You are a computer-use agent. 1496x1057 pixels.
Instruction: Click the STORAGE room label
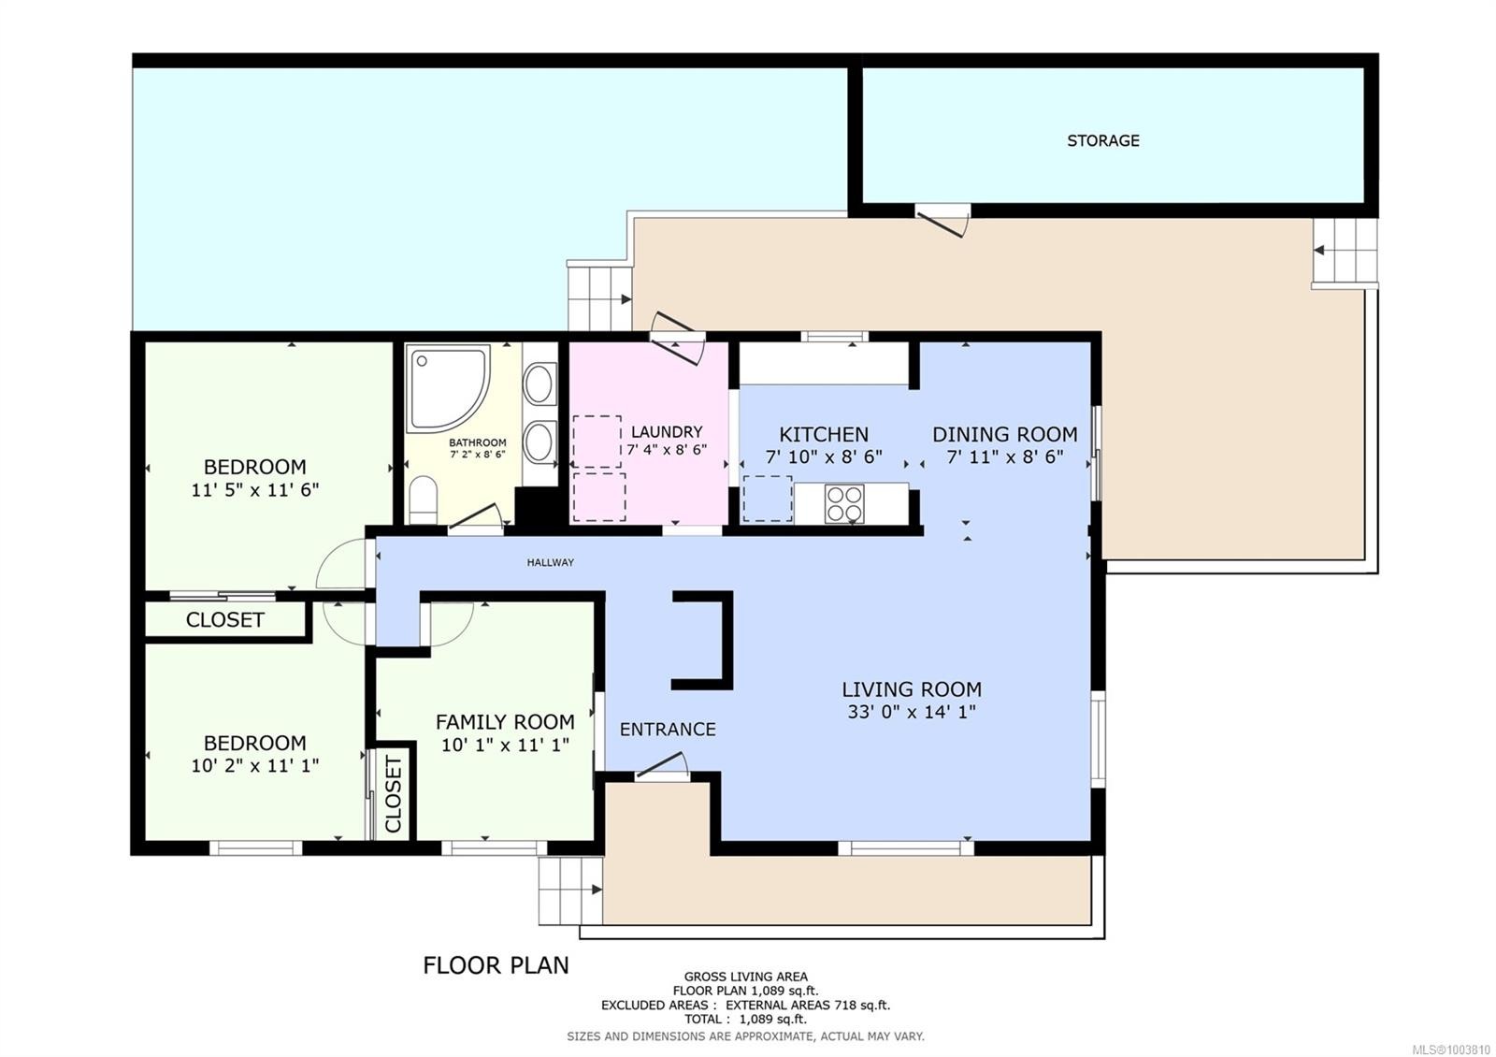[1102, 140]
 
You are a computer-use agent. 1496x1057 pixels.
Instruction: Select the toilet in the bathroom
[423, 501]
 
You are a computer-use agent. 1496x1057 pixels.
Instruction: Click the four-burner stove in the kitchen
[844, 503]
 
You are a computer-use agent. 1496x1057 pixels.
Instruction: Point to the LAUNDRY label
[666, 432]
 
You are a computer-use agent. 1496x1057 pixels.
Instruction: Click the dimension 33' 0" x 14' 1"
[911, 712]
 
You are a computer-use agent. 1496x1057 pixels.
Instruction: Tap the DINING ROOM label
[1004, 434]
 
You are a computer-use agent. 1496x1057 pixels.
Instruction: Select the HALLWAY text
[550, 562]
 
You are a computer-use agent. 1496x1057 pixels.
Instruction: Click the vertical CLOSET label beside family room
[393, 794]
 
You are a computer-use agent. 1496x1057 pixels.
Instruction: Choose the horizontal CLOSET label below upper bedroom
[224, 619]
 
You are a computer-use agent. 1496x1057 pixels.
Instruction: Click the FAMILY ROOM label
[505, 721]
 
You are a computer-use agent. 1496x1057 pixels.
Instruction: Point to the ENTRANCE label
[668, 729]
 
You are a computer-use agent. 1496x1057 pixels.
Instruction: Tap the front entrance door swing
[662, 771]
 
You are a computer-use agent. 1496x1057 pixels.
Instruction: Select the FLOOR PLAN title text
[496, 964]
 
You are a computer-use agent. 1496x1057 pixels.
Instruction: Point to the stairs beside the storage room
[1345, 251]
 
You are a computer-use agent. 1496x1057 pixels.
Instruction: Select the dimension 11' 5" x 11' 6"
[254, 489]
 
